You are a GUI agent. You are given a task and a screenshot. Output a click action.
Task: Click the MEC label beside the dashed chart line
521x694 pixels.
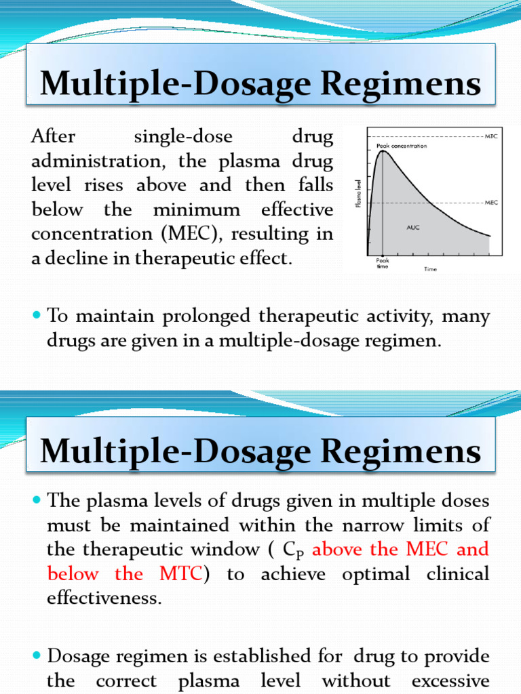point(493,202)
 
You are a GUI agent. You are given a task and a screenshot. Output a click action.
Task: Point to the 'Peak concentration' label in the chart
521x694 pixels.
point(402,146)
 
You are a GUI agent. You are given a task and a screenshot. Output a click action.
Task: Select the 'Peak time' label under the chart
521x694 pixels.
point(383,263)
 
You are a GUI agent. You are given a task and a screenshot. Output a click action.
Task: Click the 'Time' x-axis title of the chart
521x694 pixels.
point(431,269)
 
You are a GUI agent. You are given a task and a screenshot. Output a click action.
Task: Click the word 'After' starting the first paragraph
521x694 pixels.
point(53,137)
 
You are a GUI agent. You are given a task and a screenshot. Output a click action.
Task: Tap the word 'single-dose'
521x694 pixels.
point(183,137)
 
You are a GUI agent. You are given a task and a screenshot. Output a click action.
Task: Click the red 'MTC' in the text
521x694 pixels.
point(180,574)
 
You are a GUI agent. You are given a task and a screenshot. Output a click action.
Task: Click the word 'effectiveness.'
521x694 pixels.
point(104,598)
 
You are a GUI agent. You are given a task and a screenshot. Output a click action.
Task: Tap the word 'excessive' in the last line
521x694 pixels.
point(451,681)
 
